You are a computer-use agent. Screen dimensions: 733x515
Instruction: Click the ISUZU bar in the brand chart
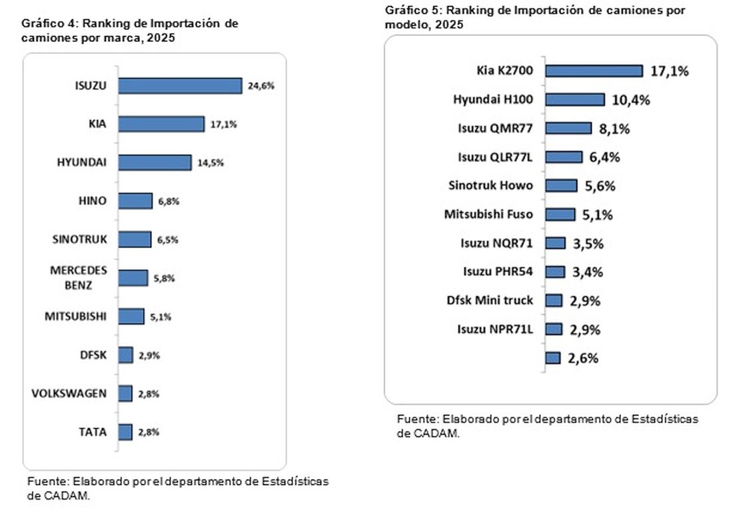tap(180, 85)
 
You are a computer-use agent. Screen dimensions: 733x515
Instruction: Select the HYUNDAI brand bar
tap(155, 163)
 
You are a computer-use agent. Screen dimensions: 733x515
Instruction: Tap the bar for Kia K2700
tap(594, 71)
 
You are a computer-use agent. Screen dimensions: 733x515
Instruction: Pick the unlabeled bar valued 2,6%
tap(553, 358)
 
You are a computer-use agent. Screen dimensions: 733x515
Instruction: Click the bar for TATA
tap(125, 432)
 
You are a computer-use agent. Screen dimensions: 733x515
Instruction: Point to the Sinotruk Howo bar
tap(562, 186)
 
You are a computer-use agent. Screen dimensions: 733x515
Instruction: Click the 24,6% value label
tap(261, 85)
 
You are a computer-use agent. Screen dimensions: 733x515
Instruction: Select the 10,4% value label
tap(631, 99)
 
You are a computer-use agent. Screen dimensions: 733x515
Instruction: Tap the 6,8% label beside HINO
tap(169, 201)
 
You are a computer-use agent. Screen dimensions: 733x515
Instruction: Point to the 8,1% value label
tap(614, 129)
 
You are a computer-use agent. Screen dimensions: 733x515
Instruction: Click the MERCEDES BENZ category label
tap(79, 278)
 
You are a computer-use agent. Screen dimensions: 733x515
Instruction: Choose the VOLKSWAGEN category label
tap(69, 394)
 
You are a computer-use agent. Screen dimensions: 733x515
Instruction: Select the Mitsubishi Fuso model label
tap(488, 214)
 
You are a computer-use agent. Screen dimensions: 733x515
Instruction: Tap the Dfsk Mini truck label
tap(490, 300)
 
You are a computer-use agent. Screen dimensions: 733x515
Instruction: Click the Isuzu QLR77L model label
tap(495, 157)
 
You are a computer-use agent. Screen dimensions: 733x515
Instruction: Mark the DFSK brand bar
tap(126, 355)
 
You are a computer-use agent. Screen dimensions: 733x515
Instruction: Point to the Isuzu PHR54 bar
tap(555, 272)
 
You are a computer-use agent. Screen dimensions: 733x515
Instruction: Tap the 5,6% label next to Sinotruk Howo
tap(600, 186)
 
